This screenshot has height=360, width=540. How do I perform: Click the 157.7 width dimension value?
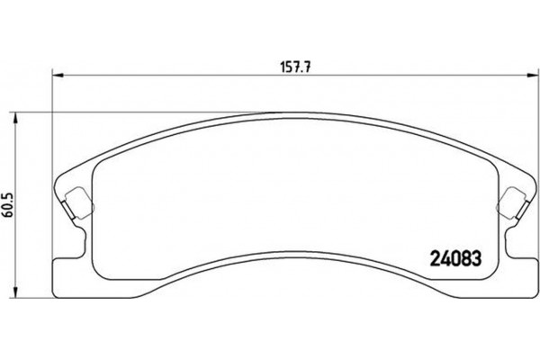click(289, 66)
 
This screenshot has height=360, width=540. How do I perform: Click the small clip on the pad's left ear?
click(76, 202)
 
